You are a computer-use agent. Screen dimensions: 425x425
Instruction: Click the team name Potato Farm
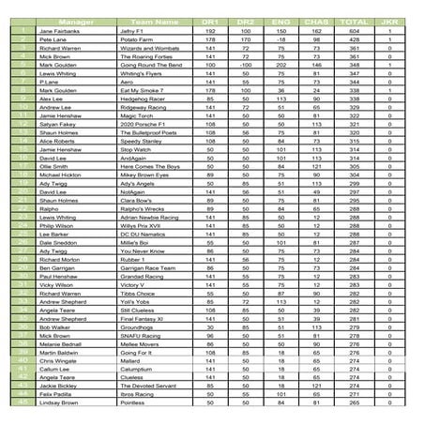pos(137,41)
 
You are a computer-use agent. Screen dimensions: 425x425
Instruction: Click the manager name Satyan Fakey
pos(57,122)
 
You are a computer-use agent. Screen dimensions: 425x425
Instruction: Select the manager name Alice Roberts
pos(57,140)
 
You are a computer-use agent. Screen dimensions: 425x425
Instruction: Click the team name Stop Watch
pos(136,148)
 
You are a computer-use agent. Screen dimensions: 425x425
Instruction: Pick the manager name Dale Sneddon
pos(58,242)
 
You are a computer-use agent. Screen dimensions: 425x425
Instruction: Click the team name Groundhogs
pos(138,326)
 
